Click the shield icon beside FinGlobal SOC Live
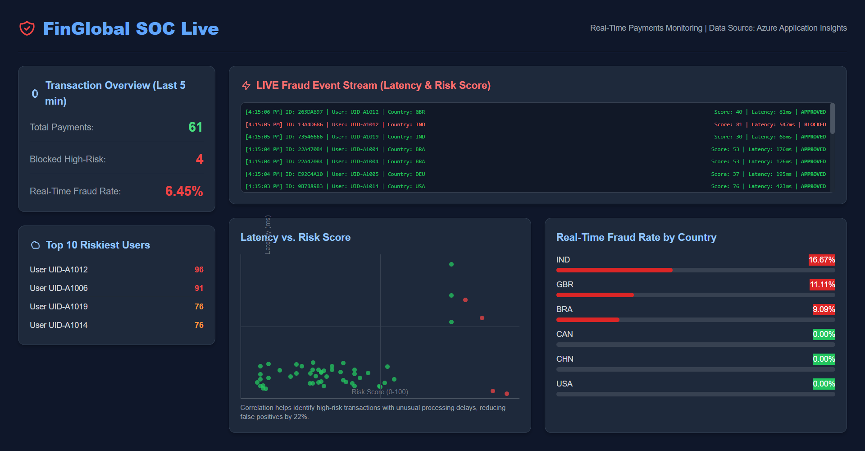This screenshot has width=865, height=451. click(x=27, y=28)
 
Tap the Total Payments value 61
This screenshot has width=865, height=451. click(x=195, y=127)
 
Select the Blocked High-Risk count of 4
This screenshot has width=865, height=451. click(x=200, y=159)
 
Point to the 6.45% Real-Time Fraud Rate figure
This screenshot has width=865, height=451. click(x=184, y=191)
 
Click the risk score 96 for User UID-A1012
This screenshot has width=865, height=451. click(x=199, y=270)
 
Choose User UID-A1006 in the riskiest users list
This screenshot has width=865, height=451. click(x=59, y=288)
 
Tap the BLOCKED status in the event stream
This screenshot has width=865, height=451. click(x=815, y=124)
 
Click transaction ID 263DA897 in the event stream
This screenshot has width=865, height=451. click(x=310, y=112)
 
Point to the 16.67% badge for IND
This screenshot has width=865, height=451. click(x=821, y=260)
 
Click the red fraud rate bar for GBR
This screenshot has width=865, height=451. click(x=595, y=295)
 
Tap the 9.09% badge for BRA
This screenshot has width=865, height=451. click(x=823, y=309)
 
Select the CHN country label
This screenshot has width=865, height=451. click(x=565, y=359)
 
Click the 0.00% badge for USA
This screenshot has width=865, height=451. click(x=823, y=384)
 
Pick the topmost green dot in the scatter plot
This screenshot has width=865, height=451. click(x=451, y=264)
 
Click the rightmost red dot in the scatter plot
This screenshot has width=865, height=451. click(x=507, y=394)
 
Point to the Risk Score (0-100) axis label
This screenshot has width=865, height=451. click(x=380, y=392)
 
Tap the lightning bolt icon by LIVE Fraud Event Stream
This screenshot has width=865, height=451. click(x=246, y=85)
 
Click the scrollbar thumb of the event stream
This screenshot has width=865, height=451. click(x=833, y=118)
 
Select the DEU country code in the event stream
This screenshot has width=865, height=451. click(x=420, y=174)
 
